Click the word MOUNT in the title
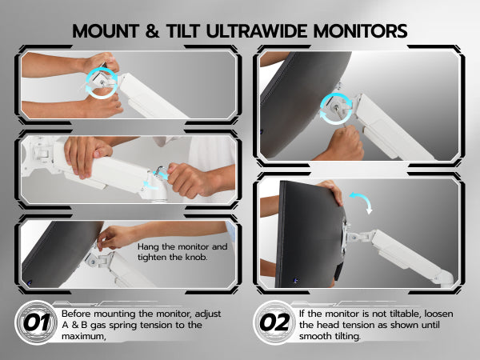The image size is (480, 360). click(x=106, y=31)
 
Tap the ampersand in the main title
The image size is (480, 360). click(x=152, y=31)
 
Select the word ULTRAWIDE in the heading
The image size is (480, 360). click(x=257, y=31)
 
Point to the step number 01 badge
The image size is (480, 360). click(x=36, y=322)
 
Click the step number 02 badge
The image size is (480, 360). click(x=274, y=322)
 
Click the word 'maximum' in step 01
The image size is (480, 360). click(x=83, y=336)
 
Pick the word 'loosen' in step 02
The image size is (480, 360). click(x=438, y=314)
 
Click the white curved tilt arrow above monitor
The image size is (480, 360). click(x=362, y=202)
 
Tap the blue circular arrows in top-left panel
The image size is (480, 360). click(x=102, y=82)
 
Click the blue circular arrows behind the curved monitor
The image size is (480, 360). click(x=336, y=108)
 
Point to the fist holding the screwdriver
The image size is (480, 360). click(x=346, y=142)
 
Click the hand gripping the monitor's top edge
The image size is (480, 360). click(x=331, y=192)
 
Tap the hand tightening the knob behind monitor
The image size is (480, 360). click(x=115, y=237)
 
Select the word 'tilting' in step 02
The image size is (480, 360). click(x=346, y=337)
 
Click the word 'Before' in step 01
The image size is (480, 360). click(x=77, y=314)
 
